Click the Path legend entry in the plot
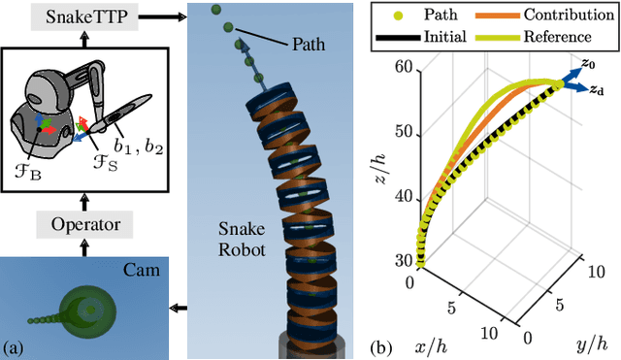[441, 15]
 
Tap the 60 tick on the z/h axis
[401, 66]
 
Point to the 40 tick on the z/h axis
[401, 195]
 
